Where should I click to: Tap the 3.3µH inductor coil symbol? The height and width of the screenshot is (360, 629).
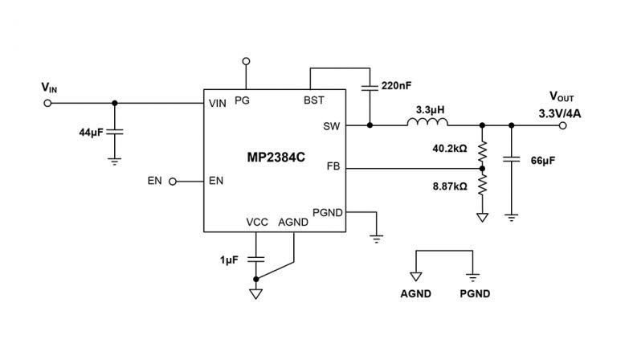click(x=428, y=123)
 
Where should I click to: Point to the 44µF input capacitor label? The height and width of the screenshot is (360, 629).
click(x=92, y=130)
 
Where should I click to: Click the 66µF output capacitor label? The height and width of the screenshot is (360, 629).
click(x=541, y=160)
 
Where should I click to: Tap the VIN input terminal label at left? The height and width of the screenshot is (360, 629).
click(x=49, y=86)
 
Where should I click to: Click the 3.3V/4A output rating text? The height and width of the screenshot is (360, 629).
click(x=560, y=112)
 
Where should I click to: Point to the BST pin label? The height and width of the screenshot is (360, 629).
click(x=314, y=101)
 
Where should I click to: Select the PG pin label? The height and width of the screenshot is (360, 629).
click(x=241, y=101)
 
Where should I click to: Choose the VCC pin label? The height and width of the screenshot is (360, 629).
click(x=257, y=223)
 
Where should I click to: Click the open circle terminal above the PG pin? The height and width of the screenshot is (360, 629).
click(x=247, y=60)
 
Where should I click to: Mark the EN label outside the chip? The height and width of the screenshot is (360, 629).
click(x=155, y=181)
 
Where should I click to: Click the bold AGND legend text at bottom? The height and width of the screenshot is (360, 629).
click(x=415, y=295)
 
